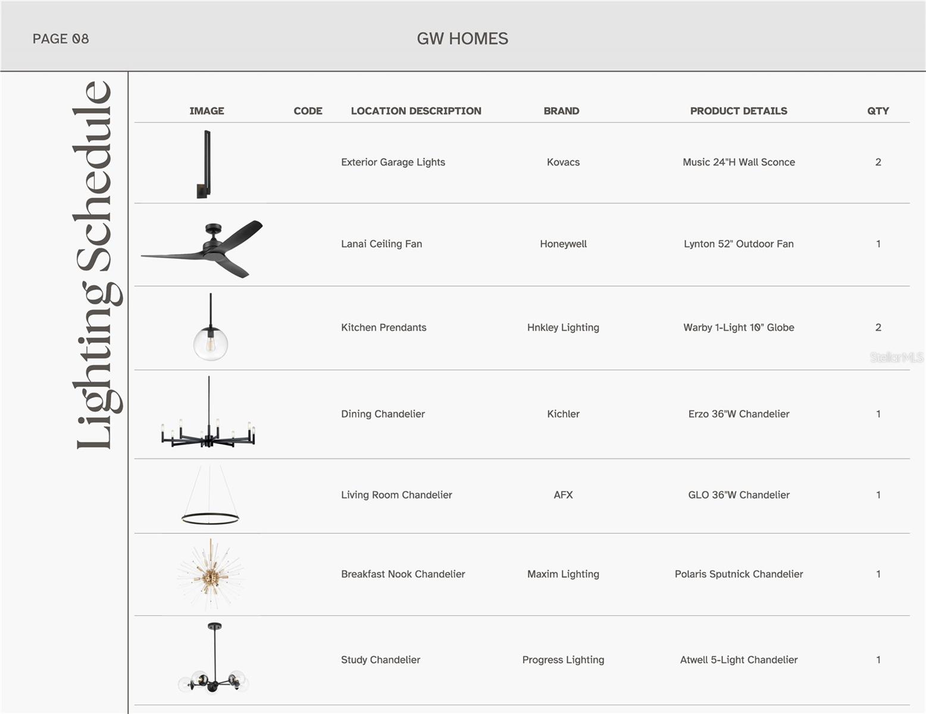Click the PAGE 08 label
click(61, 39)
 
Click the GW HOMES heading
click(462, 39)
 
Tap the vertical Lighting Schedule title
click(95, 265)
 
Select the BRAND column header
click(561, 111)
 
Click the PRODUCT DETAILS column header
click(739, 111)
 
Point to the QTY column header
click(878, 111)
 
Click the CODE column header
click(308, 111)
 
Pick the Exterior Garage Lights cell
click(393, 162)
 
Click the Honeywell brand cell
click(563, 244)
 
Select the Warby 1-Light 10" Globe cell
click(739, 327)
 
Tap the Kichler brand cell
click(563, 414)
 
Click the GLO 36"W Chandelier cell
click(739, 495)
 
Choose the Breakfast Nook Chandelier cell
click(403, 574)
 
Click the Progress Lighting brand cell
click(563, 660)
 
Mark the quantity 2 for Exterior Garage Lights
click(878, 162)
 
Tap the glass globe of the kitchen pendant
click(210, 343)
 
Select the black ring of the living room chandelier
click(210, 519)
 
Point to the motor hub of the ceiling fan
click(212, 243)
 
